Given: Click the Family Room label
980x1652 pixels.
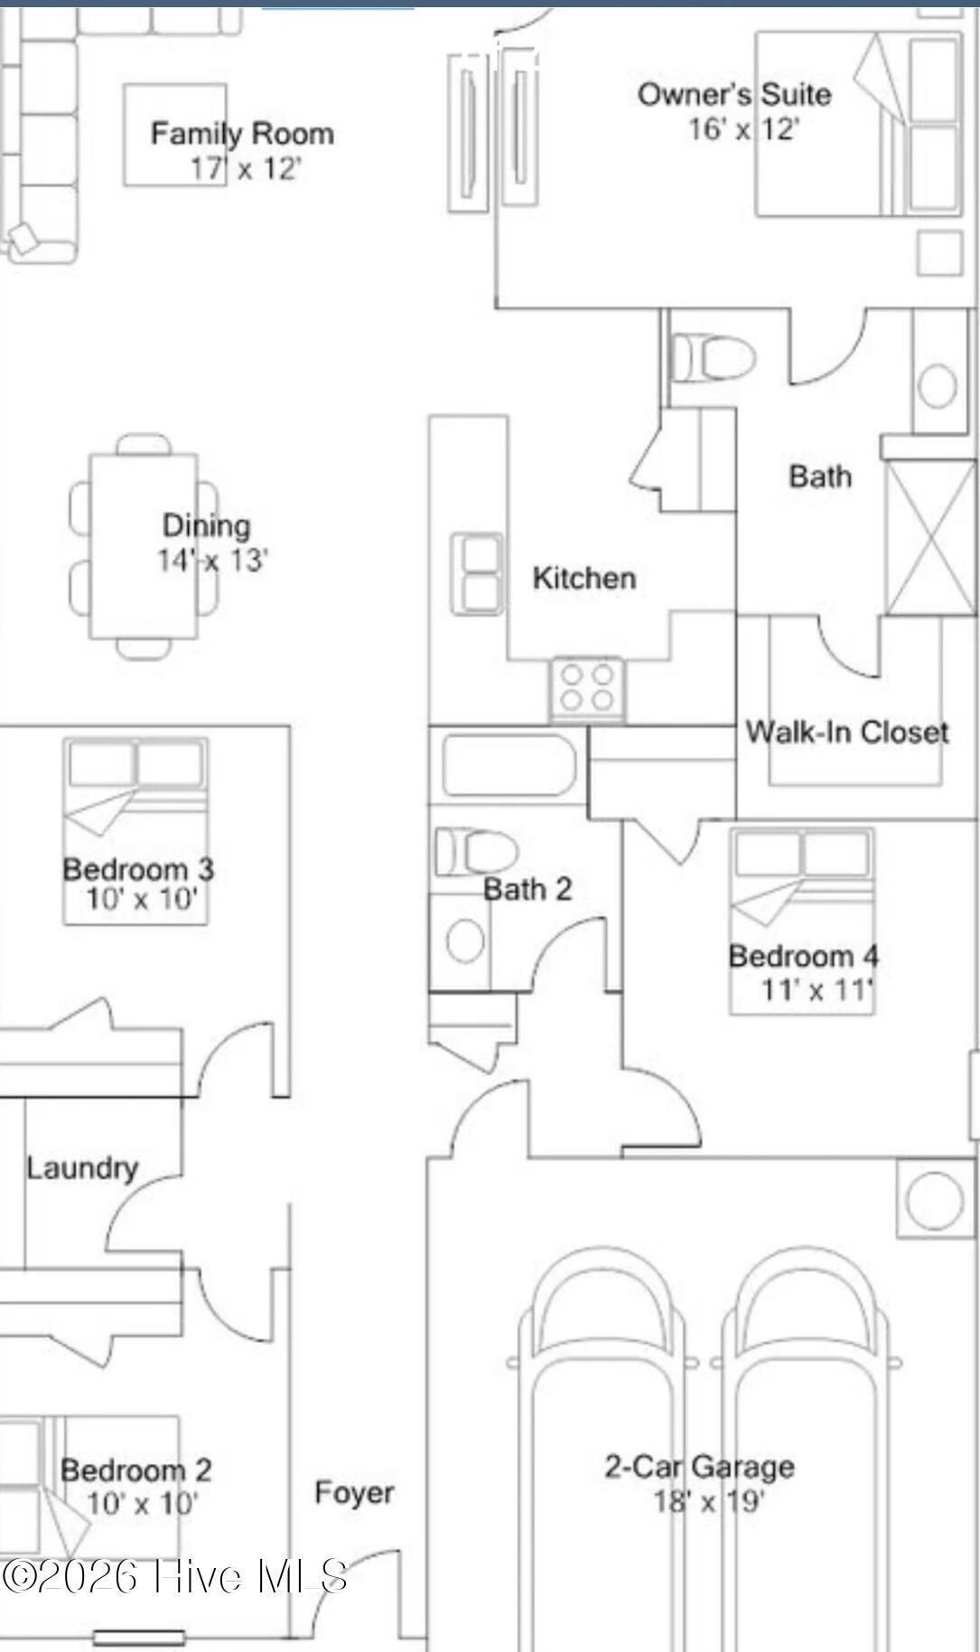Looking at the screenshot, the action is (242, 134).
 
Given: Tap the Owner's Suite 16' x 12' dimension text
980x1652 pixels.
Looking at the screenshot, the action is (742, 129).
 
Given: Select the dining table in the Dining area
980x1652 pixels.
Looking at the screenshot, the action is (144, 546).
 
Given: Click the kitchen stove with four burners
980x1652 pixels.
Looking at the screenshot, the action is (587, 689).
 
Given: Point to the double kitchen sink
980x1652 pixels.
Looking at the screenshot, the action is (478, 574).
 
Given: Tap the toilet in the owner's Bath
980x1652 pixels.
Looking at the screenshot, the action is (714, 358).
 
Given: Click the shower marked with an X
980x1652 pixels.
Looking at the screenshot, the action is (931, 537).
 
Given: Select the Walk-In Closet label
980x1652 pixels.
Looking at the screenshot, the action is (847, 732).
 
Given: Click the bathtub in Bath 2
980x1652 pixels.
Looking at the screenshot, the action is (509, 765).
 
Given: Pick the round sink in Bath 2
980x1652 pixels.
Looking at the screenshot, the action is (465, 940).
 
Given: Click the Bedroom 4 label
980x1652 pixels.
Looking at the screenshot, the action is (804, 956).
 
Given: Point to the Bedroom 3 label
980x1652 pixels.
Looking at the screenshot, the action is (138, 869).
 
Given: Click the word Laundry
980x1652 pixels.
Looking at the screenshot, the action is (82, 1168).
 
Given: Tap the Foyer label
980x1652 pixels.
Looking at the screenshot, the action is (354, 1492).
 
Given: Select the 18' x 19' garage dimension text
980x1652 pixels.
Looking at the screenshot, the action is (709, 1501).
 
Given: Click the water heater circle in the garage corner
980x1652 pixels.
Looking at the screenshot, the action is (935, 1199).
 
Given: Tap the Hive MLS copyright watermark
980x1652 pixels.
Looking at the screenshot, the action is (174, 1577).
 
